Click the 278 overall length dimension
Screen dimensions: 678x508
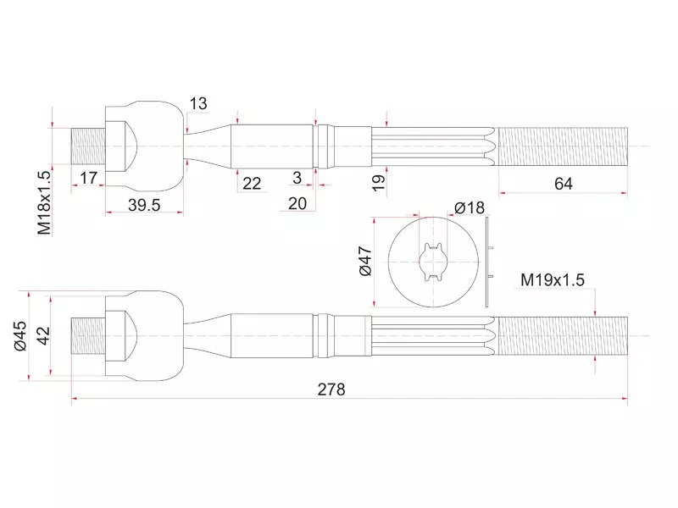[x=331, y=389]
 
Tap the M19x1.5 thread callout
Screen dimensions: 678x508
[x=553, y=280]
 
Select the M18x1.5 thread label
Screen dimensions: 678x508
[x=45, y=202]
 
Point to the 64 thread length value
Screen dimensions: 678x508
[x=564, y=184]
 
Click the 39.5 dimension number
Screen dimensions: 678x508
[x=144, y=205]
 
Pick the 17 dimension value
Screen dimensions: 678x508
[x=88, y=178]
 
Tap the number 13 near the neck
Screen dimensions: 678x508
[x=198, y=103]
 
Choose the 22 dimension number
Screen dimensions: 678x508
[x=252, y=183]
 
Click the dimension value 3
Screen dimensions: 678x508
[x=297, y=178]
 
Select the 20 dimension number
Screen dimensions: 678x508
[x=297, y=203]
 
